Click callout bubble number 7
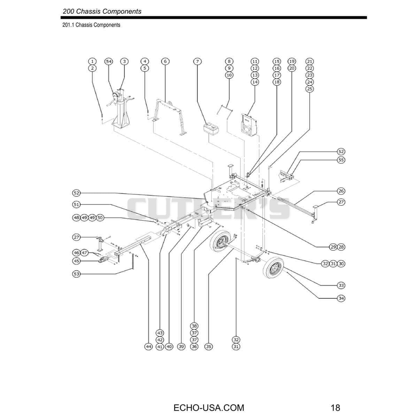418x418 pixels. tap(197, 61)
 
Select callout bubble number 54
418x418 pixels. tap(109, 61)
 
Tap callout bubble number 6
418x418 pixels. tap(165, 61)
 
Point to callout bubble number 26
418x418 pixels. tap(341, 191)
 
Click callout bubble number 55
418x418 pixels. tap(341, 160)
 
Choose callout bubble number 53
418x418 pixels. tap(76, 274)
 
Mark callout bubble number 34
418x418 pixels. tap(341, 298)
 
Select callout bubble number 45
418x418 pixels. tap(76, 261)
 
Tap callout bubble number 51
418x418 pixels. tap(76, 204)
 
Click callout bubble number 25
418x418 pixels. tap(310, 89)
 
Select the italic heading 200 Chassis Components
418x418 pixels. tap(102, 11)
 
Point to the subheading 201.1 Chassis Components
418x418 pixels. tap(91, 25)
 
